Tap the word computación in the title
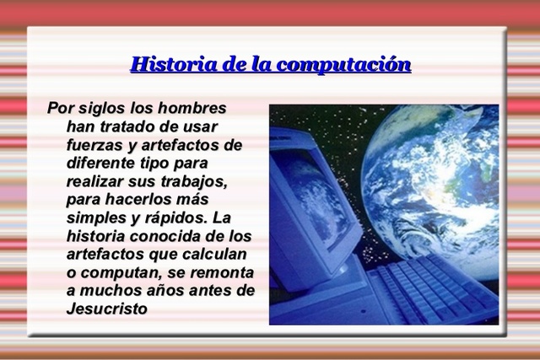[x=345, y=65]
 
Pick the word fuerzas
[x=95, y=145]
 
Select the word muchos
[x=110, y=290]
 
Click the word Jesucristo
[x=107, y=309]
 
